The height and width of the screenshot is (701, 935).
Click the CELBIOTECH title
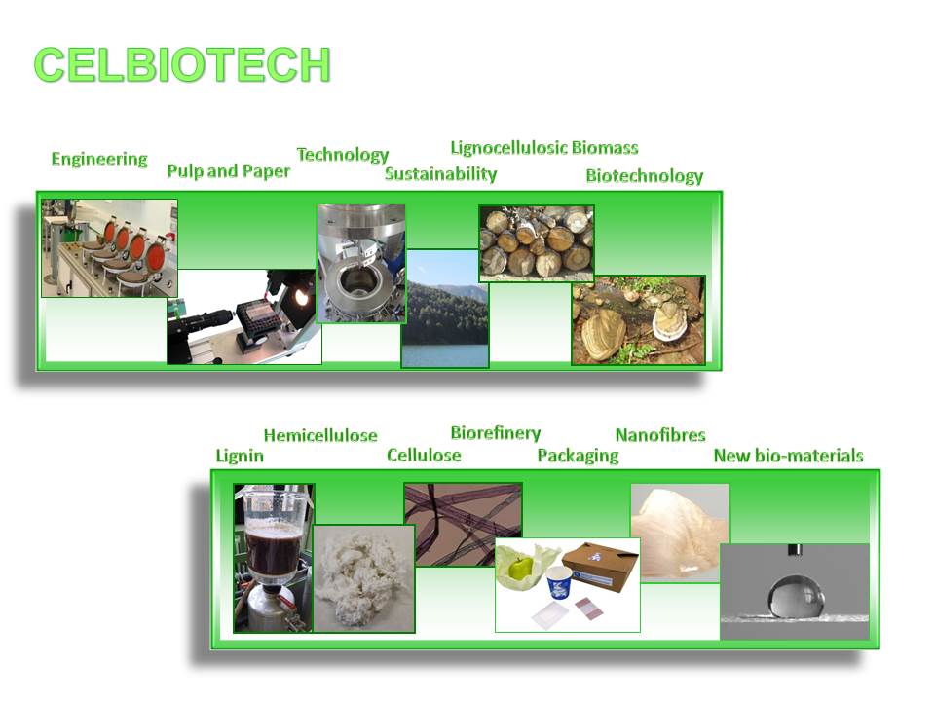182,64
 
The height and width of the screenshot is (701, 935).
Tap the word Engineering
99,159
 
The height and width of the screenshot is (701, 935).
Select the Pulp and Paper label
228,171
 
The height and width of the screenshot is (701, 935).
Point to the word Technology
343,155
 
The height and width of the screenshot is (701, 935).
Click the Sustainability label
440,174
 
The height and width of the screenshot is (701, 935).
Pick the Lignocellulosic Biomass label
544,148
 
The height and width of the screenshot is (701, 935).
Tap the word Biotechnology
645,176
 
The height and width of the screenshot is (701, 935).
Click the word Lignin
240,456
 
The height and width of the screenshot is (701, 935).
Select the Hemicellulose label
320,436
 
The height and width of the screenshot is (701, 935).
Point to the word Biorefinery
496,433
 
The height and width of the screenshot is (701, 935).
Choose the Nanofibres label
660,435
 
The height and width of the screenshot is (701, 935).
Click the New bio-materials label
788,456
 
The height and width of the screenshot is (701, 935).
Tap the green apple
521,567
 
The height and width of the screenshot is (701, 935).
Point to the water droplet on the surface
796,596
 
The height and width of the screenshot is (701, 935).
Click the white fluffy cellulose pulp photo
363,578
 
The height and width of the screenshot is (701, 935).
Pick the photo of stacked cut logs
537,243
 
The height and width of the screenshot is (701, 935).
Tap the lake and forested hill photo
445,309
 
